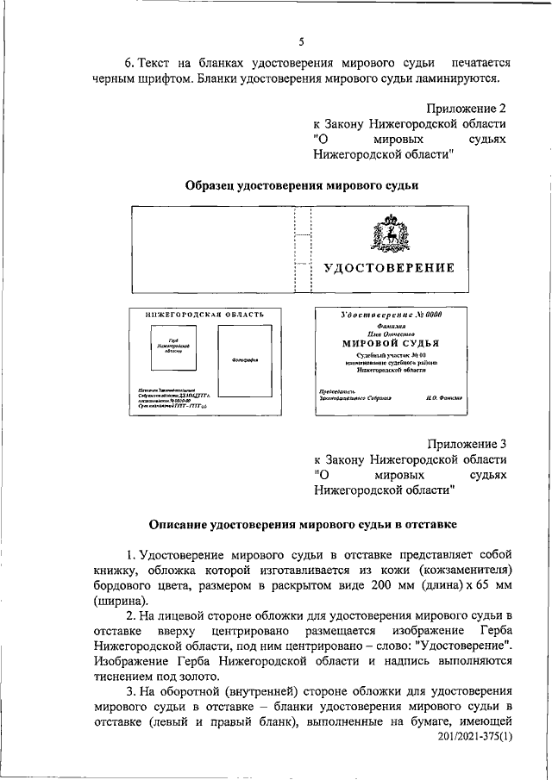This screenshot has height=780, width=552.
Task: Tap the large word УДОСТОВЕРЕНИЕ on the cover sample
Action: [x=389, y=268]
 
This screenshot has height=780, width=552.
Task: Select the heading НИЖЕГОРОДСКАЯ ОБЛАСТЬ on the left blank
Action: [x=198, y=315]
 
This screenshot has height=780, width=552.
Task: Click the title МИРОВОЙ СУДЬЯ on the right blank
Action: [x=390, y=342]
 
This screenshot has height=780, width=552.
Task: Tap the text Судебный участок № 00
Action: [x=390, y=354]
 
